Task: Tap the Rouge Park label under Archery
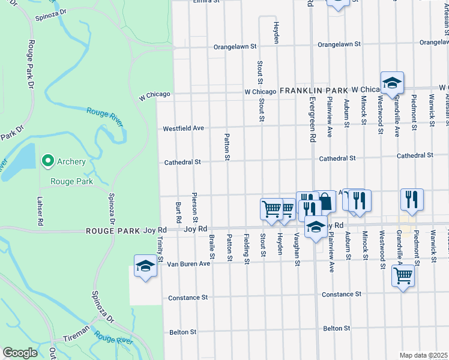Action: pyautogui.click(x=71, y=181)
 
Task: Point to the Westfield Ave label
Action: pyautogui.click(x=184, y=128)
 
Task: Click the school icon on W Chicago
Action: pyautogui.click(x=391, y=83)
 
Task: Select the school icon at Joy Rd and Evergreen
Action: pyautogui.click(x=315, y=228)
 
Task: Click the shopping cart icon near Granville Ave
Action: pyautogui.click(x=403, y=276)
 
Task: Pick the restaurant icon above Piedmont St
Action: pyautogui.click(x=412, y=200)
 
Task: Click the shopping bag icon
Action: pyautogui.click(x=325, y=202)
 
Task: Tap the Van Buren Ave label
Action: pyautogui.click(x=188, y=263)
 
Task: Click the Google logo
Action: pyautogui.click(x=20, y=353)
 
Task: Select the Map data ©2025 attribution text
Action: pyautogui.click(x=423, y=355)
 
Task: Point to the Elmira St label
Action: pyautogui.click(x=206, y=2)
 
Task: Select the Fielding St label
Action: pyautogui.click(x=246, y=249)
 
